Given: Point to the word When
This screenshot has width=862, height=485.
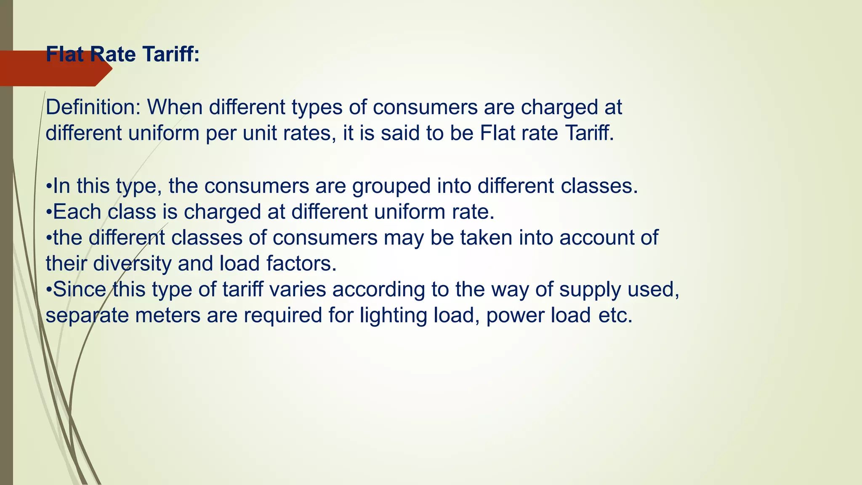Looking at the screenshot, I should (174, 107).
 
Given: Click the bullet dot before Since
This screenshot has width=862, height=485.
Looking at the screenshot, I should (49, 290).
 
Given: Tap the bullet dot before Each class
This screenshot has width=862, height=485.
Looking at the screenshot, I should (49, 212).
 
